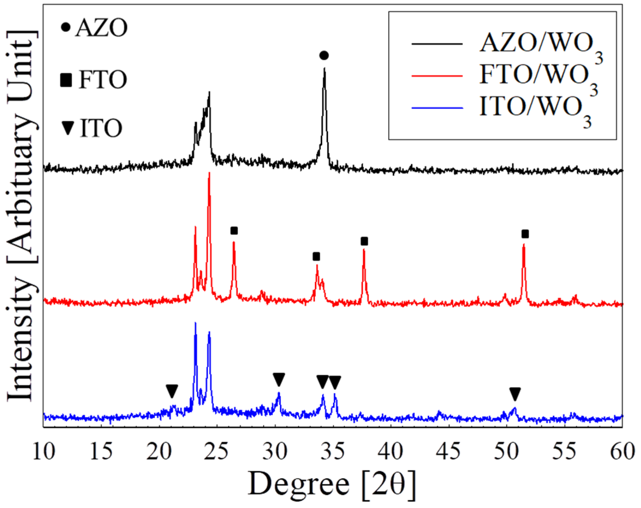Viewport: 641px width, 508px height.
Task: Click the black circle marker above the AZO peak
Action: pos(324,56)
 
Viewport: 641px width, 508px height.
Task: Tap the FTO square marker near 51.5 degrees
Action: pos(525,234)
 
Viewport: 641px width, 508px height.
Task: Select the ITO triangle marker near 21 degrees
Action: pos(172,391)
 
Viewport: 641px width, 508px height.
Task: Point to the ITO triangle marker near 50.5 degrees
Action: pos(515,394)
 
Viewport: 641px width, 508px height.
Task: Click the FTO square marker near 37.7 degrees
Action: pos(364,241)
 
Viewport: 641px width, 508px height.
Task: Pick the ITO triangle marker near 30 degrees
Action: pos(279,379)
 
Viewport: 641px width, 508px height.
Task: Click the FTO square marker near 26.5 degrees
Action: pos(234,231)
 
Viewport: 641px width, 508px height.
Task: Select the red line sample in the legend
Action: pos(437,76)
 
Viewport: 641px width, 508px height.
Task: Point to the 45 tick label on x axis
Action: pos(449,452)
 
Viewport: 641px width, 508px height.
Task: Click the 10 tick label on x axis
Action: pos(44,452)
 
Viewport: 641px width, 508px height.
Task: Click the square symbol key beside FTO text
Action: pos(66,80)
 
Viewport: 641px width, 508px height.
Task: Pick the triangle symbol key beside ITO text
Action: pos(68,128)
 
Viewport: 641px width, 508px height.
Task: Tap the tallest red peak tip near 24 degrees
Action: pos(209,173)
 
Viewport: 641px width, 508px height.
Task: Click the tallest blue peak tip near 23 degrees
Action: pos(195,323)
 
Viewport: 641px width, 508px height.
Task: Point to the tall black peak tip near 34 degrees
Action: pos(324,69)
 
